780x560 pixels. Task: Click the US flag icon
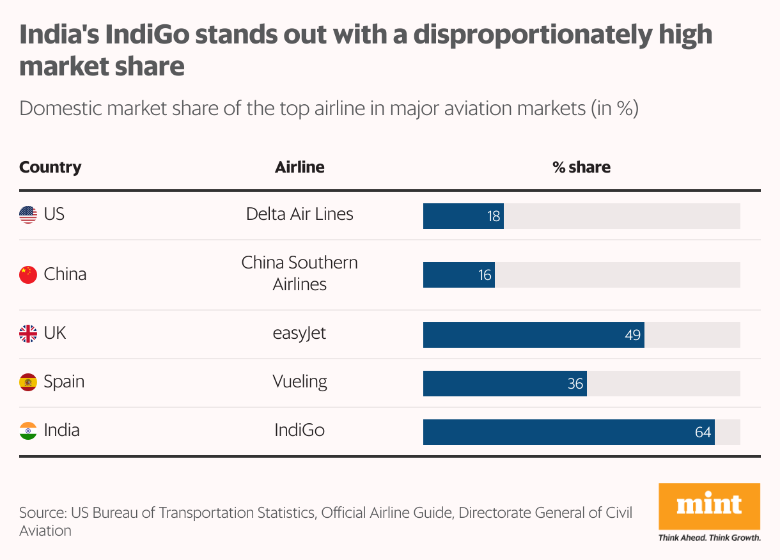pyautogui.click(x=28, y=215)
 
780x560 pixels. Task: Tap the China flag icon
pyautogui.click(x=28, y=275)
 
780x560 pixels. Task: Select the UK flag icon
pyautogui.click(x=28, y=334)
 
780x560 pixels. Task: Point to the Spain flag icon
pyautogui.click(x=28, y=382)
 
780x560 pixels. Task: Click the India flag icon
pyautogui.click(x=28, y=430)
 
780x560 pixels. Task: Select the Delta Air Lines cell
pyautogui.click(x=299, y=214)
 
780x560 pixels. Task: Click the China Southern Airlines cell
pyautogui.click(x=299, y=274)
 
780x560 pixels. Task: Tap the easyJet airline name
pyautogui.click(x=299, y=334)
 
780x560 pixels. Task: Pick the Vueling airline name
pyautogui.click(x=299, y=382)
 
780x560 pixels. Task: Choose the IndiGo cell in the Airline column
pyautogui.click(x=299, y=430)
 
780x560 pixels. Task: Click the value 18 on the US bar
pyautogui.click(x=493, y=216)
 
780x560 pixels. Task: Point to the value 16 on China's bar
pyautogui.click(x=485, y=276)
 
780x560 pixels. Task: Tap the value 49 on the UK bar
pyautogui.click(x=632, y=335)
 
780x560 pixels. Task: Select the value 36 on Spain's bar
pyautogui.click(x=575, y=384)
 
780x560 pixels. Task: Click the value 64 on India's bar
pyautogui.click(x=703, y=433)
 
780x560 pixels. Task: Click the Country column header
pyautogui.click(x=51, y=167)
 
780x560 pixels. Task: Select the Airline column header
pyautogui.click(x=299, y=167)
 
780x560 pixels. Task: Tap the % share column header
pyautogui.click(x=581, y=167)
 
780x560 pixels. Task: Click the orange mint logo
pyautogui.click(x=709, y=506)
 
